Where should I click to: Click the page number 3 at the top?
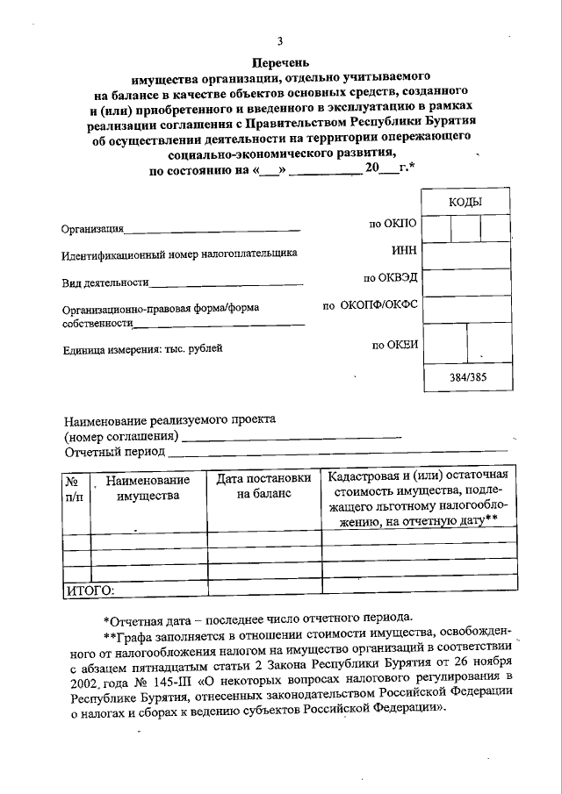279,41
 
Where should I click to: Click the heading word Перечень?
279,62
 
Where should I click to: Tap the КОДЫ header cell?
465,202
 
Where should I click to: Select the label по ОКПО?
393,225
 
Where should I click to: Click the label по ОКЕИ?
394,344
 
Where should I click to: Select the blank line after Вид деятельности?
226,284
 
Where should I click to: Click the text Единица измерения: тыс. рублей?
142,348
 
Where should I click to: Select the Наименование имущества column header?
147,488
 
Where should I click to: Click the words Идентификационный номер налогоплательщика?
179,254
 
